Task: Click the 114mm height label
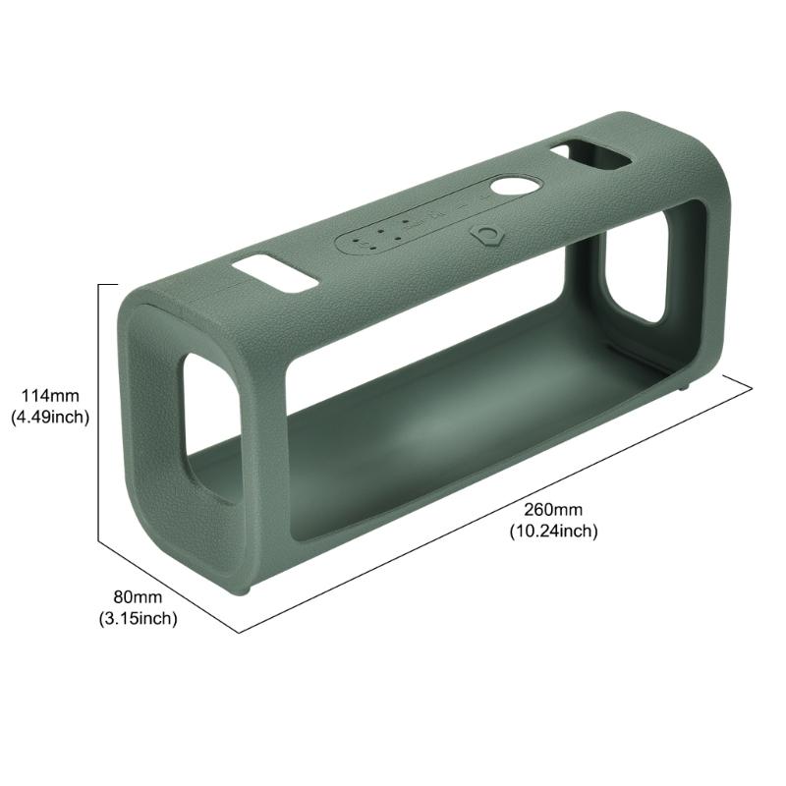[x=50, y=396]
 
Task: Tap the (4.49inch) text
[x=50, y=417]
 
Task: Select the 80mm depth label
[x=137, y=597]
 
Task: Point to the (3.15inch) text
[x=137, y=618]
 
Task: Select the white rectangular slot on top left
[x=275, y=275]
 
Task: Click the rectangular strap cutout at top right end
[x=590, y=155]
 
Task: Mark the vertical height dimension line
[x=99, y=413]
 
